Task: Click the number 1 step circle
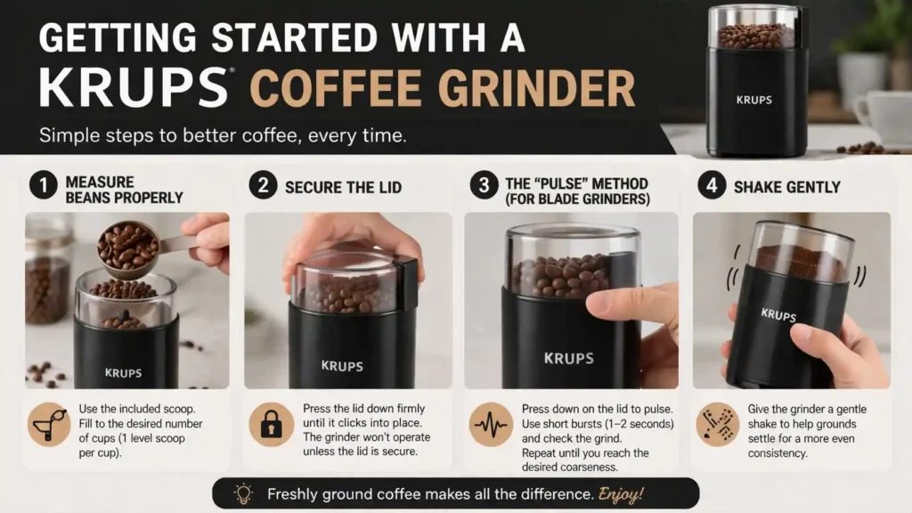coord(42,187)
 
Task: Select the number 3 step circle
coord(484,187)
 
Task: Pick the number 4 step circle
coord(710,187)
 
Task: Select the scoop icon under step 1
coord(49,425)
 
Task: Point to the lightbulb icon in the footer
coord(242,493)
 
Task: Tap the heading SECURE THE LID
coord(343,188)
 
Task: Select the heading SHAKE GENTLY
coord(786,188)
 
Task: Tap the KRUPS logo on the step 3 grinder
coord(568,358)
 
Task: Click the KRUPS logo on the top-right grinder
coord(754,100)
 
